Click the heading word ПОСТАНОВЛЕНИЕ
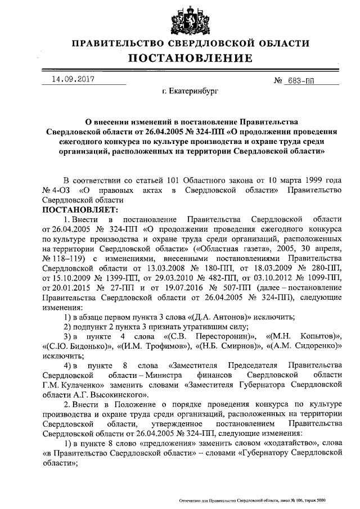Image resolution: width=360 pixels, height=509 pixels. coord(189,58)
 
